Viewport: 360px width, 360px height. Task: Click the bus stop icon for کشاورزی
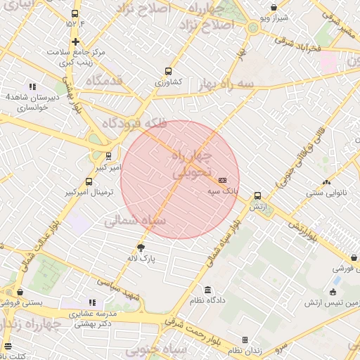pos(167,71)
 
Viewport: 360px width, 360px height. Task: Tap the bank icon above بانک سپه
pos(222,180)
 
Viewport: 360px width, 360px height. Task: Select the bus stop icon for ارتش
pos(257,196)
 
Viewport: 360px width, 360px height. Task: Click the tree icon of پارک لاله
pos(141,247)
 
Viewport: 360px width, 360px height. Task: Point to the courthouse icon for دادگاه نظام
pos(207,290)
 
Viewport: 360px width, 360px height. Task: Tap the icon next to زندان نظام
pos(245,340)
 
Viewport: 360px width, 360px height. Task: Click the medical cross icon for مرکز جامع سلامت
pos(75,41)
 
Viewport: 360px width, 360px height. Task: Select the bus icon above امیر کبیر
pos(108,156)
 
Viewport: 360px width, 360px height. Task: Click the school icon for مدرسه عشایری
pos(92,302)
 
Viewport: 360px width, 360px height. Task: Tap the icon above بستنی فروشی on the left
pos(19,292)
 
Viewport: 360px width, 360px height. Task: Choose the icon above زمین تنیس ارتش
pos(333,292)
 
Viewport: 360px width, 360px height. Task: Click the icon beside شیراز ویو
pos(274,8)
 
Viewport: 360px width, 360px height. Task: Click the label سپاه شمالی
pos(135,221)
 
